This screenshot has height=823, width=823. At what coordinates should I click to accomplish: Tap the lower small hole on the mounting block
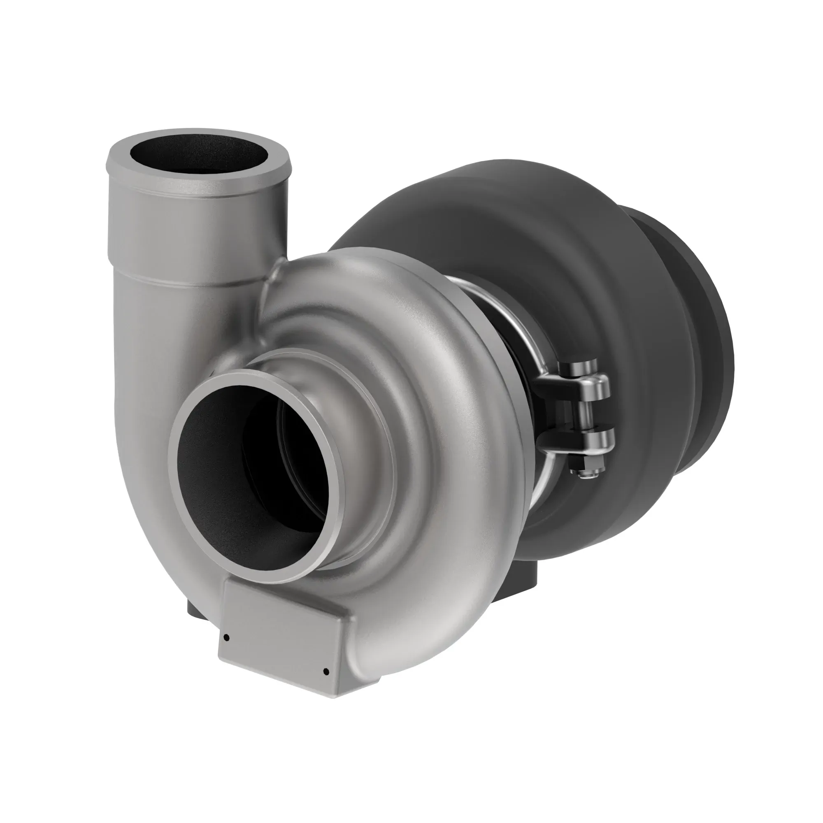click(326, 672)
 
